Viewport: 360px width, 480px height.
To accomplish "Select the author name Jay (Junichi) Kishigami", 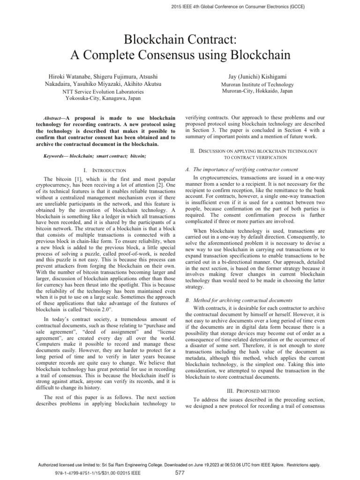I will click(x=262, y=76).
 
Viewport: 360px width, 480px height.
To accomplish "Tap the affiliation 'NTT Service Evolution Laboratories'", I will click(x=97, y=92).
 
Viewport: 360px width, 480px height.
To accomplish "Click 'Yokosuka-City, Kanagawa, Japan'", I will click(x=97, y=99).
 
